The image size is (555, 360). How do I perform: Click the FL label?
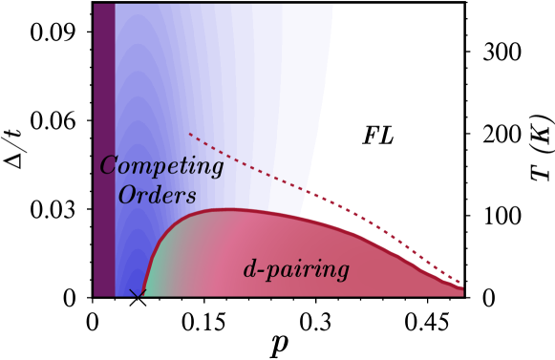tap(377, 137)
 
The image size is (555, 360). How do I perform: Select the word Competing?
tap(161, 167)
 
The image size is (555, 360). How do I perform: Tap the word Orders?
tap(157, 196)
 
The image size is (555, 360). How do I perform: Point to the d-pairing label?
tap(296, 270)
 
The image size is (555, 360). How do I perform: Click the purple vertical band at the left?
tap(104, 143)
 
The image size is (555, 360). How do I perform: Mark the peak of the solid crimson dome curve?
tap(229, 209)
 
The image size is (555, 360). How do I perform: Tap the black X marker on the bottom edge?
tap(138, 294)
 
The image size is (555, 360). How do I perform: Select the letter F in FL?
tap(370, 137)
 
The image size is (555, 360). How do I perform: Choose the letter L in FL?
tap(385, 137)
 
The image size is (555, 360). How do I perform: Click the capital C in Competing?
tap(108, 166)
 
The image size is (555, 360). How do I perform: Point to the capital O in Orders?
tap(126, 196)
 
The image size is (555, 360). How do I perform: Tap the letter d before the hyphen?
tap(250, 269)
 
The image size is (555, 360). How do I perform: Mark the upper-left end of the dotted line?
tap(190, 134)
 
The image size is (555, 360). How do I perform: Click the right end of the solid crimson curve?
tap(461, 287)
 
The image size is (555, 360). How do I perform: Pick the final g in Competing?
tap(217, 170)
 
